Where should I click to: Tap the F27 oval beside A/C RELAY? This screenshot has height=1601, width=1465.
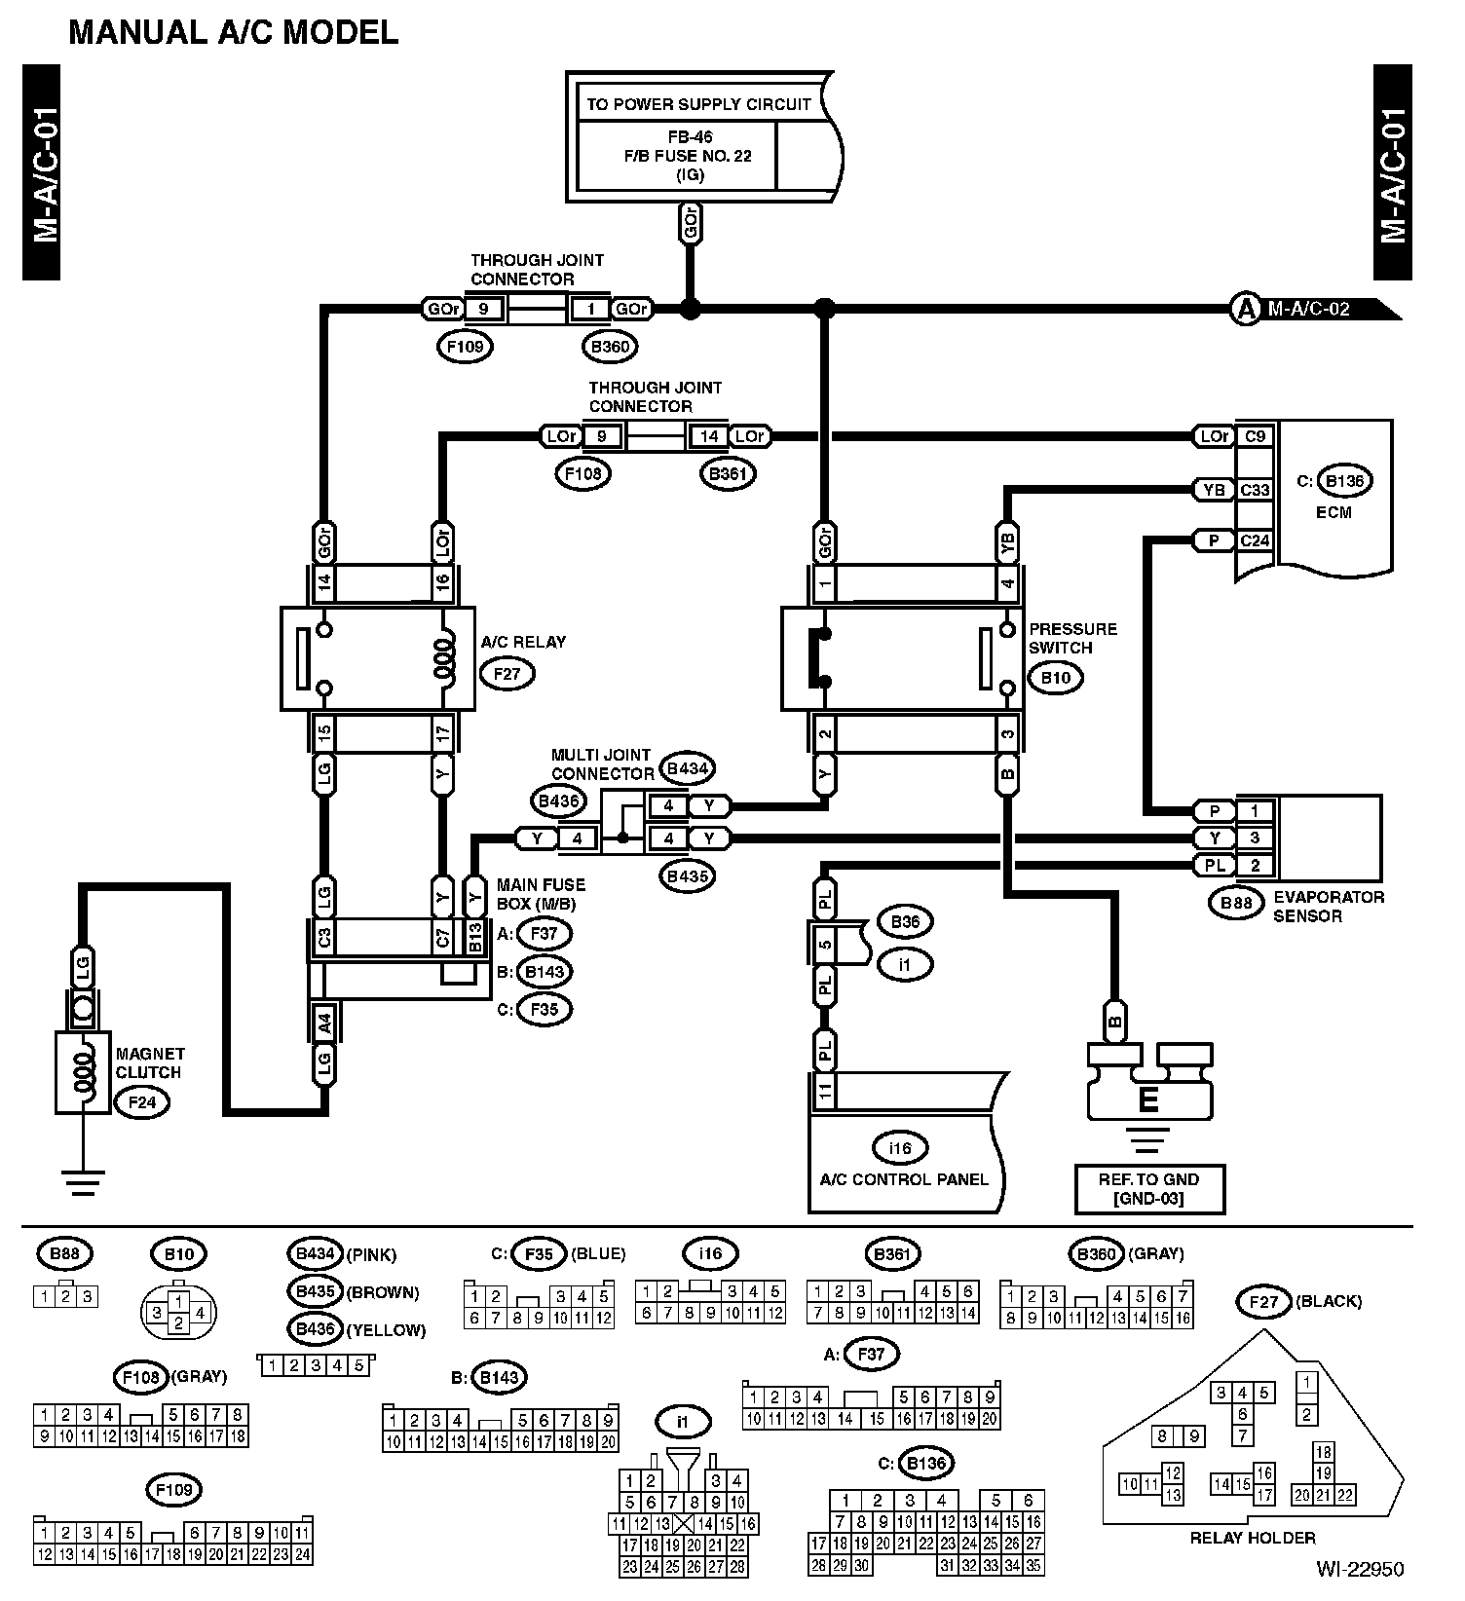pos(507,672)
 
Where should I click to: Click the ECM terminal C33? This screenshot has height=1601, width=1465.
pos(1255,490)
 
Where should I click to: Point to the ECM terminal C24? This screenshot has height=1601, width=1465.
pos(1255,540)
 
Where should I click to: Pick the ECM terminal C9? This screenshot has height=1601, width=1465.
pos(1255,436)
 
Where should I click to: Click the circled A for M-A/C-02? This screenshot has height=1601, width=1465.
pos(1245,310)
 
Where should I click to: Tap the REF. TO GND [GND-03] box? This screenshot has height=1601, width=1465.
pos(1148,1188)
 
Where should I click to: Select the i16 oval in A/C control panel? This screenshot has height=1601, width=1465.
pos(900,1148)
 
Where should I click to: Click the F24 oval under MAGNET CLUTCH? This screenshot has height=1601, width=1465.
pos(142,1102)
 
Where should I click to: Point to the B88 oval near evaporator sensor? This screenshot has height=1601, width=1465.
pos(1236,903)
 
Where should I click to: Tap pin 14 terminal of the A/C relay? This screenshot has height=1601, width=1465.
pos(324,583)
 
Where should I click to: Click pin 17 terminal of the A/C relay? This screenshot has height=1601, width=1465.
pos(442,732)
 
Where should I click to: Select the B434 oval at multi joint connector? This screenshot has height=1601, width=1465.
pos(687,768)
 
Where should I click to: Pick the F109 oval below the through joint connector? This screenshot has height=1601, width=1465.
pos(466,346)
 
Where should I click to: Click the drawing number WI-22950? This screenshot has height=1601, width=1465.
pos(1360,1569)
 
